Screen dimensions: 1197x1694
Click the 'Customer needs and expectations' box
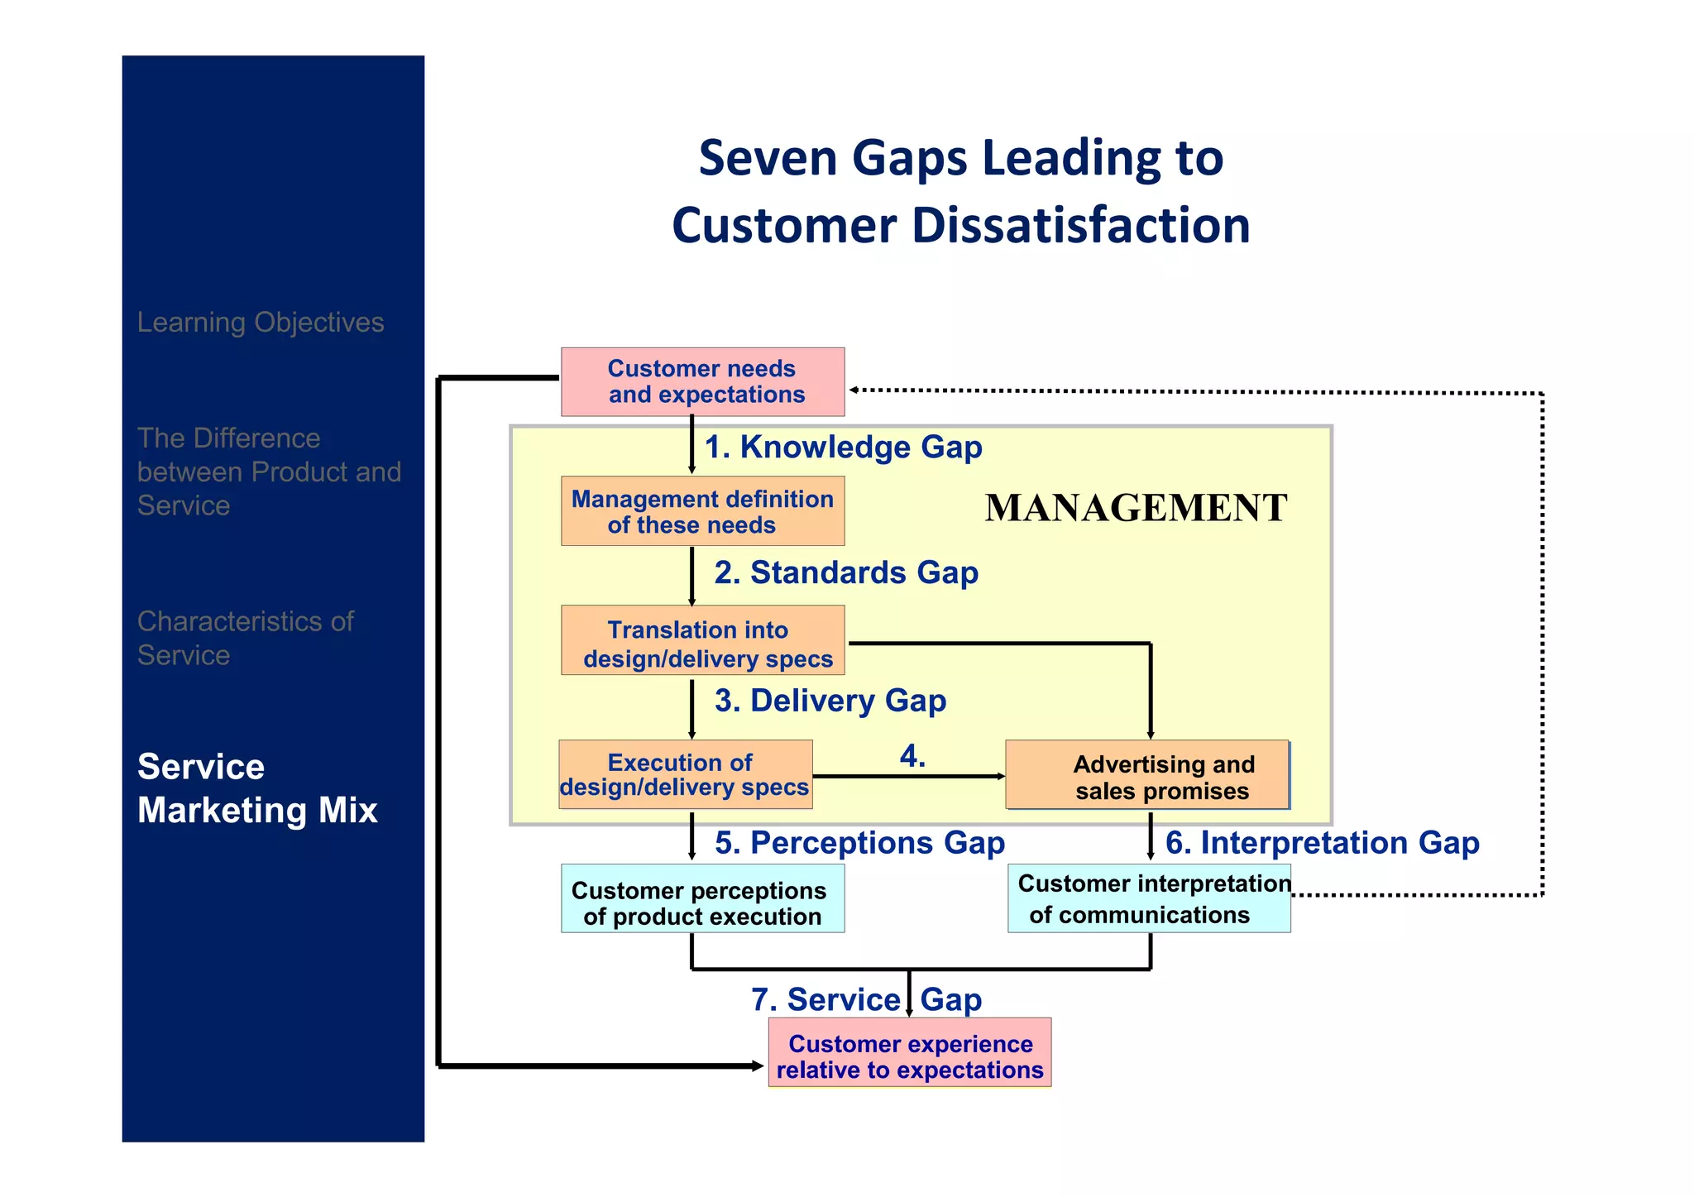tap(702, 381)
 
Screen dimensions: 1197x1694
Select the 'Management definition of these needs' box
tap(702, 511)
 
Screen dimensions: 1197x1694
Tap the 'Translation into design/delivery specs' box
tap(702, 640)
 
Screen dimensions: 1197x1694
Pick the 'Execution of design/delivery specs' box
tap(685, 774)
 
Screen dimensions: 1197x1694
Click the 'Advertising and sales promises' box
tap(1147, 775)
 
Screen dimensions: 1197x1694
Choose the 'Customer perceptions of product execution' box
tap(702, 899)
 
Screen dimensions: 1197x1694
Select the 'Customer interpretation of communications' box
tap(1149, 899)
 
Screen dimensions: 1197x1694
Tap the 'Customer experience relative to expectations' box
tap(909, 1052)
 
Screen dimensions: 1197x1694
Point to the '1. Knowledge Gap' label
tap(843, 447)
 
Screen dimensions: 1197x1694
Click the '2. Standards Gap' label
tap(846, 572)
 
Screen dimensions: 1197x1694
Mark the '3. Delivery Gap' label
tap(830, 701)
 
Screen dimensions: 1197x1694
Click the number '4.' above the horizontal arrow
tap(912, 756)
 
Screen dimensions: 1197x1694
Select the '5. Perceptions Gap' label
tap(859, 843)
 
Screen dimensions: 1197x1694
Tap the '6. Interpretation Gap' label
tap(1322, 843)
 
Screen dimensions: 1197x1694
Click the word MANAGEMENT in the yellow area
tap(1136, 508)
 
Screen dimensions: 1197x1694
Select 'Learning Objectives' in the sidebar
tap(261, 323)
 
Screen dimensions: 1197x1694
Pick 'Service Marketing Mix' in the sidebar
tap(257, 788)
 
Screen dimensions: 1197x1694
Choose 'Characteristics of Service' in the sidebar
tap(245, 638)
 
